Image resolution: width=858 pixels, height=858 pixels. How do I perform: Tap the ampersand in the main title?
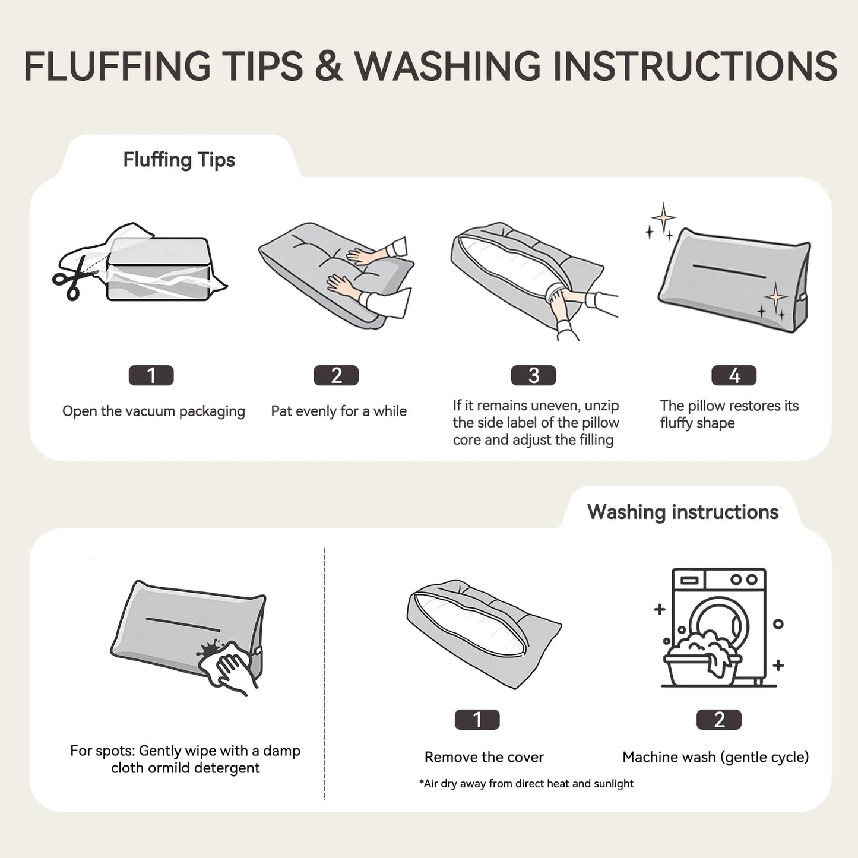[x=328, y=65]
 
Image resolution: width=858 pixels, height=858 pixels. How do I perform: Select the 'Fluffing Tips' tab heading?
[x=179, y=160]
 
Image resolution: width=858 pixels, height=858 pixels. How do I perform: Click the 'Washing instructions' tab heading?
[x=683, y=512]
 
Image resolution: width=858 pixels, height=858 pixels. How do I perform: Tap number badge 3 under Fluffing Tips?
[x=533, y=375]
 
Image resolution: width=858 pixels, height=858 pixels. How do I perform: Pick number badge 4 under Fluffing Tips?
[x=734, y=375]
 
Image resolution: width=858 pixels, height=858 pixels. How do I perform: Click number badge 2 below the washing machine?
[x=719, y=720]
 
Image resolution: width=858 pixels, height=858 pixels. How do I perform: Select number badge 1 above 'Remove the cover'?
[x=477, y=720]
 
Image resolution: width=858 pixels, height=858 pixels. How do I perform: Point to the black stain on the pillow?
[x=209, y=648]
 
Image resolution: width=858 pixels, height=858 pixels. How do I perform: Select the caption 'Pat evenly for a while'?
[x=339, y=411]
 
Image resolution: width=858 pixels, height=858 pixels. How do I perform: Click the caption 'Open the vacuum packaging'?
[x=154, y=411]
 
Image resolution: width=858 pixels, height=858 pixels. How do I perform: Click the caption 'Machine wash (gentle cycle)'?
[x=715, y=757]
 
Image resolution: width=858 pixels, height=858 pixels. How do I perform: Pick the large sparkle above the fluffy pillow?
[x=663, y=218]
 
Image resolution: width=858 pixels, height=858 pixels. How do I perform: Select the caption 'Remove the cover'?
[x=484, y=757]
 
